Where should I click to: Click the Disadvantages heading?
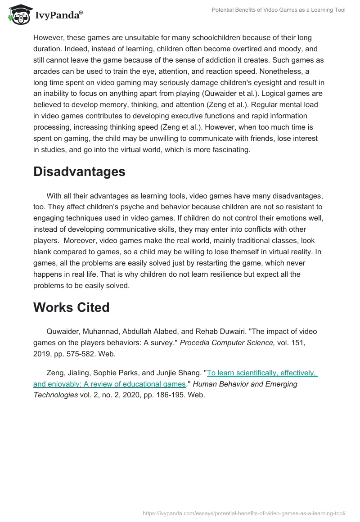[79, 171]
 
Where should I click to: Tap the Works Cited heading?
[71, 307]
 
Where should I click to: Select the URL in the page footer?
[243, 513]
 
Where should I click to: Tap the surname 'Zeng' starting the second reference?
[55, 373]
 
